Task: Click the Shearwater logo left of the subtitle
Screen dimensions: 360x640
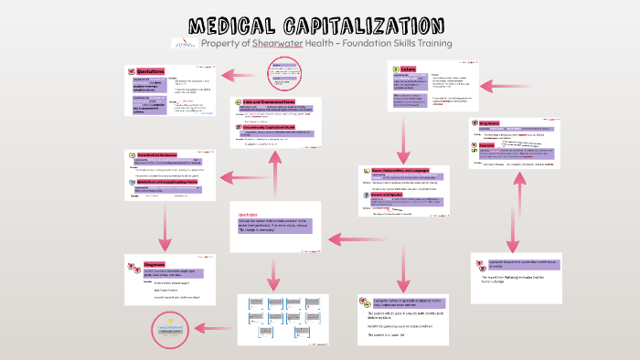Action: pyautogui.click(x=184, y=44)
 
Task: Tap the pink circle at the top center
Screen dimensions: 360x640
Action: pyautogui.click(x=283, y=73)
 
